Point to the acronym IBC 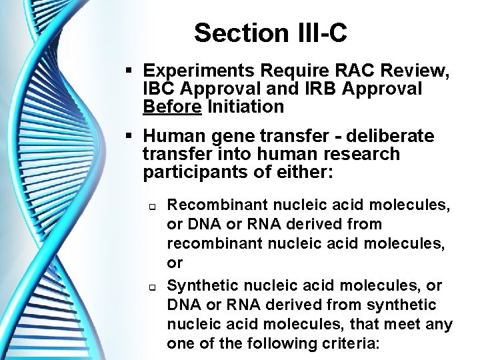161,89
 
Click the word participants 197,172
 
